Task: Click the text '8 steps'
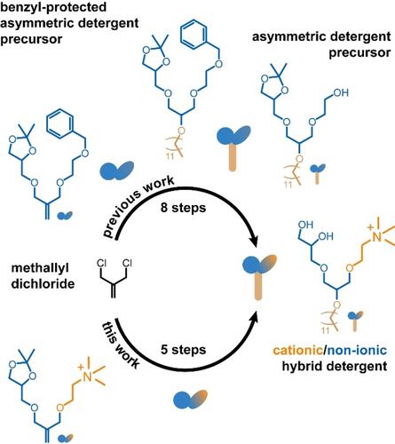(183, 208)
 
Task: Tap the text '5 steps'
(183, 350)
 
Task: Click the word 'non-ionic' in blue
(357, 351)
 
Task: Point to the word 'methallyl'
(40, 268)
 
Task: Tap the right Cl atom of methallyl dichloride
(127, 263)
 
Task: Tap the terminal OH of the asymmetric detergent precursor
(341, 93)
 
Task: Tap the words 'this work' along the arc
(121, 345)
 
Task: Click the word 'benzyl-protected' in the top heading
(53, 7)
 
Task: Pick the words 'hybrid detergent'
(335, 367)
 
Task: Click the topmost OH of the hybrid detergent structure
(305, 225)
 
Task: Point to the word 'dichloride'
(43, 284)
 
